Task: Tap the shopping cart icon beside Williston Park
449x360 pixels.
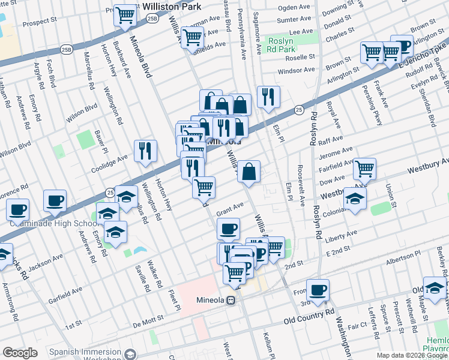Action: pyautogui.click(x=125, y=15)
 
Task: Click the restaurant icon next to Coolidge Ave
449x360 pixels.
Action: pyautogui.click(x=145, y=151)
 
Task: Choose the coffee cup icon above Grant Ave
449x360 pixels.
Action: pyautogui.click(x=228, y=229)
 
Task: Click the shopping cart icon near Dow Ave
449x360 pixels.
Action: pyautogui.click(x=364, y=170)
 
